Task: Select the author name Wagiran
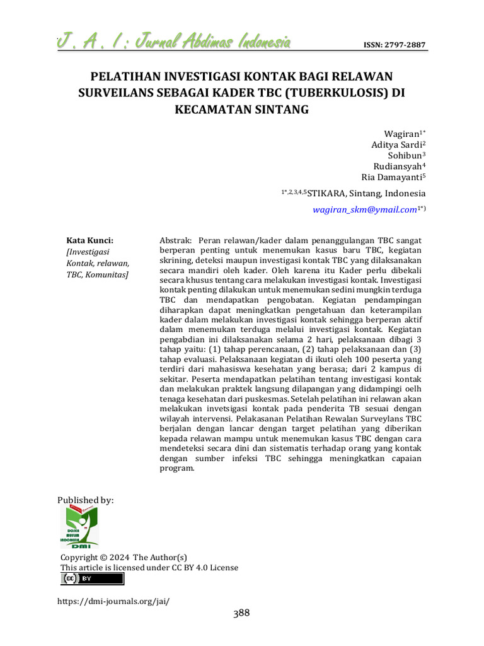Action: [x=401, y=134]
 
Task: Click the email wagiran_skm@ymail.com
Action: [x=365, y=209]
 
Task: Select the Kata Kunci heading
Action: [x=89, y=240]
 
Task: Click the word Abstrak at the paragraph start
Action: [x=175, y=240]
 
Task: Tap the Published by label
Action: [x=86, y=500]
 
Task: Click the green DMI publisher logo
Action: [x=79, y=527]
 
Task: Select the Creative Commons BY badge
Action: [x=92, y=579]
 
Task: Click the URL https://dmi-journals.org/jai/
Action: [x=113, y=601]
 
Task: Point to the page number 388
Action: [x=241, y=613]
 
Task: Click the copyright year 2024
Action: [x=119, y=558]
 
